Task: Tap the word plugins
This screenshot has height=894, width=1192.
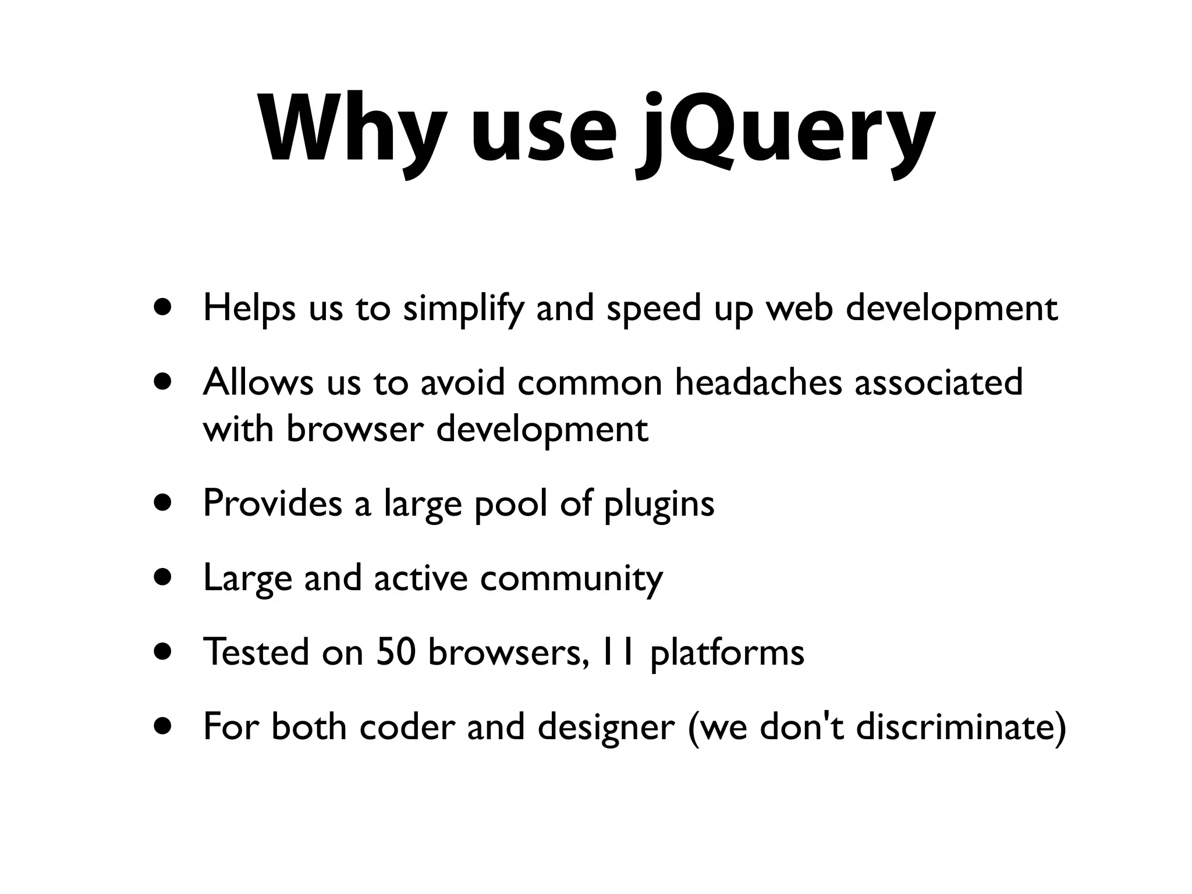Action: pyautogui.click(x=659, y=504)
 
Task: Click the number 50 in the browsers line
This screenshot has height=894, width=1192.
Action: pyautogui.click(x=396, y=652)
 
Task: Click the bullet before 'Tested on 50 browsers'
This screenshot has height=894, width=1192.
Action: pyautogui.click(x=164, y=651)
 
